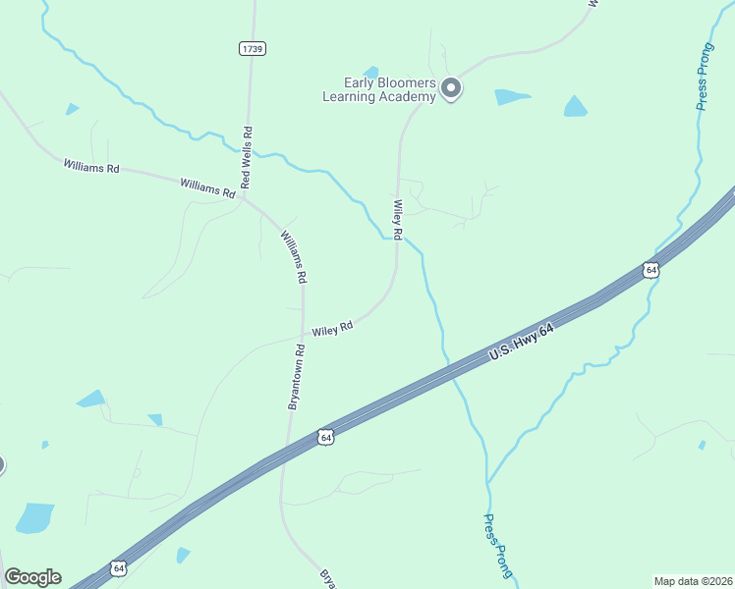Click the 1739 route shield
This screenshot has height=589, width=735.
(x=253, y=48)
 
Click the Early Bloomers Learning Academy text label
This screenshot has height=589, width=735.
(x=379, y=90)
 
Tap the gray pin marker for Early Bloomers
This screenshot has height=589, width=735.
(x=451, y=89)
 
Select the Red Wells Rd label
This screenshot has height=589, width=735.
(x=247, y=157)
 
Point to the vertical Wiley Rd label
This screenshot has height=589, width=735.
(x=398, y=220)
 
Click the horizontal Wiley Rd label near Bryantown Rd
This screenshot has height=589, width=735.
(x=332, y=331)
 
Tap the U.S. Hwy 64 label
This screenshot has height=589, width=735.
(x=521, y=347)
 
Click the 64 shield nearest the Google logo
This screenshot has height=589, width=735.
(x=119, y=567)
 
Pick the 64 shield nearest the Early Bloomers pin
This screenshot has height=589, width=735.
(x=650, y=269)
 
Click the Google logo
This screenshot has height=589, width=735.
(x=32, y=577)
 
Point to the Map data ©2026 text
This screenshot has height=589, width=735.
(x=693, y=580)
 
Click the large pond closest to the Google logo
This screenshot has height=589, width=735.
(x=35, y=517)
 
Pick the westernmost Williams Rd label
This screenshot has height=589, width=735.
(x=90, y=168)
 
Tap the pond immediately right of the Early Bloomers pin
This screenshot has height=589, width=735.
(x=511, y=97)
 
